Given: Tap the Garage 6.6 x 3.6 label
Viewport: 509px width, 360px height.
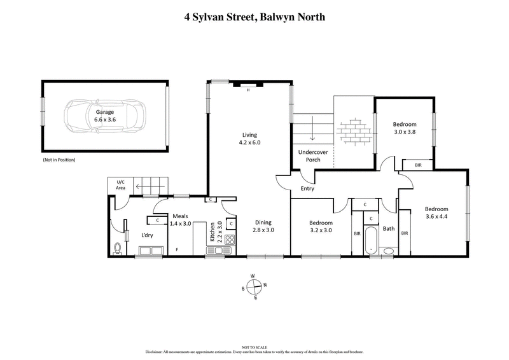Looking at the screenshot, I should point(106,115).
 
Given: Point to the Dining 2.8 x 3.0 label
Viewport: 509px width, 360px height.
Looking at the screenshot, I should point(263,226).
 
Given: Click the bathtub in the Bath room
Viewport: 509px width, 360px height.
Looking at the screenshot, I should point(371,240).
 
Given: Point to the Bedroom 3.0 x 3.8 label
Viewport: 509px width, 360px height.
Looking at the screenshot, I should point(405,128).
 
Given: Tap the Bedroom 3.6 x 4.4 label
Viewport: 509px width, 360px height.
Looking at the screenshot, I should point(436,213).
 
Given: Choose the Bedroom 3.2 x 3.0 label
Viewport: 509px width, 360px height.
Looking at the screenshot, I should point(321,226).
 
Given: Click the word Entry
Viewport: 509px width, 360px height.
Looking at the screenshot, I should point(308,189).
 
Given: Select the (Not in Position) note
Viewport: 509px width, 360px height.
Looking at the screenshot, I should point(59,160).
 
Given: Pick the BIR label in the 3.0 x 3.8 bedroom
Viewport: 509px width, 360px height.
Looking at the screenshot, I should point(417,165).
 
